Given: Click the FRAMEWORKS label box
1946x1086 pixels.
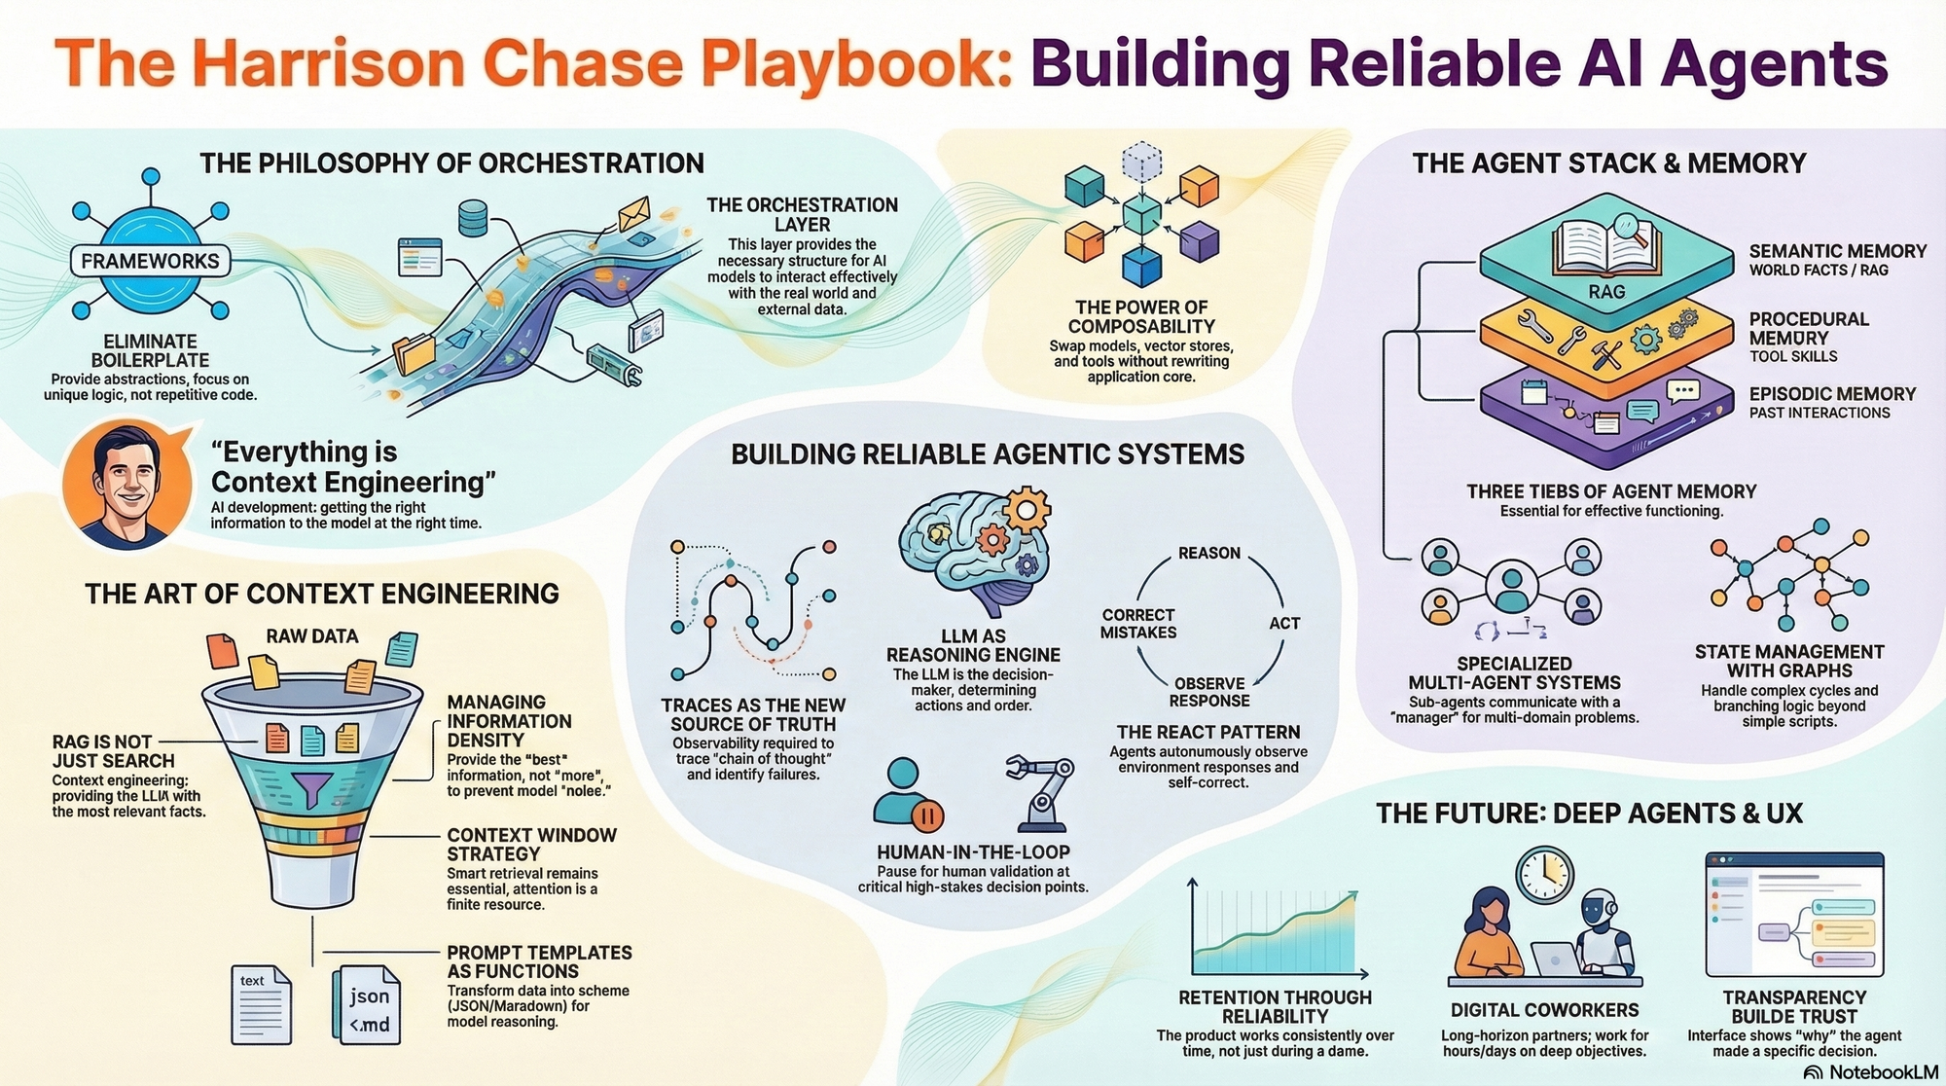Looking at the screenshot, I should point(150,261).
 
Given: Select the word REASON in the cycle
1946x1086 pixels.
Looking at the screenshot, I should point(1208,553).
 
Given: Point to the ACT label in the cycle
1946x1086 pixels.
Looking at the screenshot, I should point(1284,623).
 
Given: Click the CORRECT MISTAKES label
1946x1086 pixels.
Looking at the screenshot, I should point(1138,624).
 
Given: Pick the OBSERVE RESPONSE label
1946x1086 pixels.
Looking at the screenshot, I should point(1209,692).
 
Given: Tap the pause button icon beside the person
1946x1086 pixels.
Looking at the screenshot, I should point(926,814).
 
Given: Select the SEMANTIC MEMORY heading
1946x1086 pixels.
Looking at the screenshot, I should point(1837,251).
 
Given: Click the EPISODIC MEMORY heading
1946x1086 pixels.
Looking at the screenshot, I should point(1832,394).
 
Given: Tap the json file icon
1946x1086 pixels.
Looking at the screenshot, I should point(368,1004).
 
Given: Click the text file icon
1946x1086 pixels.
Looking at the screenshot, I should point(261,1004).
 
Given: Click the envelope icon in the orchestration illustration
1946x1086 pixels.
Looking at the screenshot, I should point(633,211).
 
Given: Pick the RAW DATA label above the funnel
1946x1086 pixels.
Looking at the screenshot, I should point(312,636).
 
